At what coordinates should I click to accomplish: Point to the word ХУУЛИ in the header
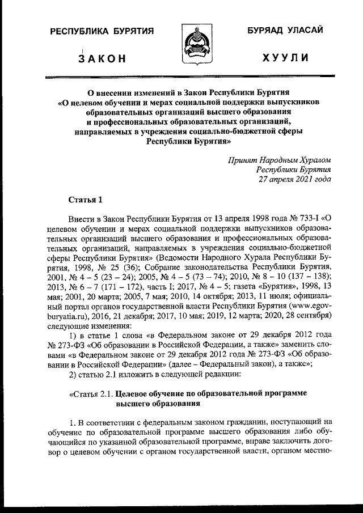point(286,58)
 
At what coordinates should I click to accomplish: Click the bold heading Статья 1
point(86,199)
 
